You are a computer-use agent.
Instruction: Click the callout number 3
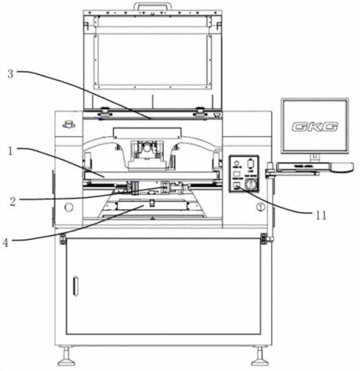(10, 74)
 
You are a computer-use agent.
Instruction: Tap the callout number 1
(11, 151)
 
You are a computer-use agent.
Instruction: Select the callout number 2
(12, 202)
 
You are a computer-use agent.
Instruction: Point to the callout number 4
(7, 243)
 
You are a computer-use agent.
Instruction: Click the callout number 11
(320, 216)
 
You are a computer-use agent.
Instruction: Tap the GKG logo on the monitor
(315, 127)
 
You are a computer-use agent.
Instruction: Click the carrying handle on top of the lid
(152, 7)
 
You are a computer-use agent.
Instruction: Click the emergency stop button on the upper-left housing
(68, 124)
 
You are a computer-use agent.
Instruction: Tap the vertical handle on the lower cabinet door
(74, 286)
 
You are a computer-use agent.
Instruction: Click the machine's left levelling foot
(66, 356)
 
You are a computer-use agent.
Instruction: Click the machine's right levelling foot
(259, 356)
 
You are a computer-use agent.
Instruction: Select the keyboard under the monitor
(303, 167)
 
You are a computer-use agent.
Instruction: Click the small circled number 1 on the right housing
(260, 207)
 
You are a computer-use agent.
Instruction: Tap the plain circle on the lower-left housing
(68, 207)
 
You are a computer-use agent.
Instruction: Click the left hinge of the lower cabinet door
(63, 238)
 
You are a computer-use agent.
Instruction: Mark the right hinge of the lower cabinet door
(264, 238)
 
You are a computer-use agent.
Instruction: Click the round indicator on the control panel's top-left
(236, 162)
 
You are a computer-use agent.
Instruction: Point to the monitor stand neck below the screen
(315, 157)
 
